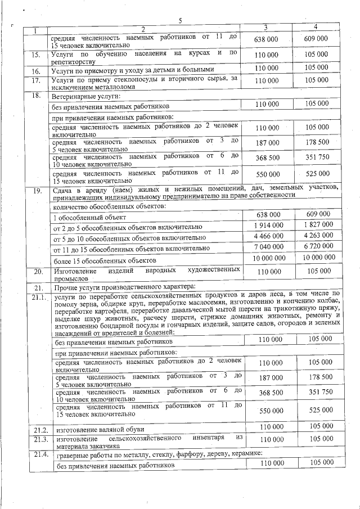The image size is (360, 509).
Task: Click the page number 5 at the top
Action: tap(181, 21)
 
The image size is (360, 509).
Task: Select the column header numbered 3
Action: tap(266, 28)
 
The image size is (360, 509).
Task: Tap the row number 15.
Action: tap(36, 55)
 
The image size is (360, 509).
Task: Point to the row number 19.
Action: tap(37, 191)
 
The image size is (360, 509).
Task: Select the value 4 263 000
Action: tap(316, 236)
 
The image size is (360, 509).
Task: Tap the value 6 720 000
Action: tap(316, 246)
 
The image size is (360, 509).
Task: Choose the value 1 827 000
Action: tap(316, 225)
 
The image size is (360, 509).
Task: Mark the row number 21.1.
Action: tap(39, 297)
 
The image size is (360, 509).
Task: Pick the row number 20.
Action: tap(37, 272)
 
